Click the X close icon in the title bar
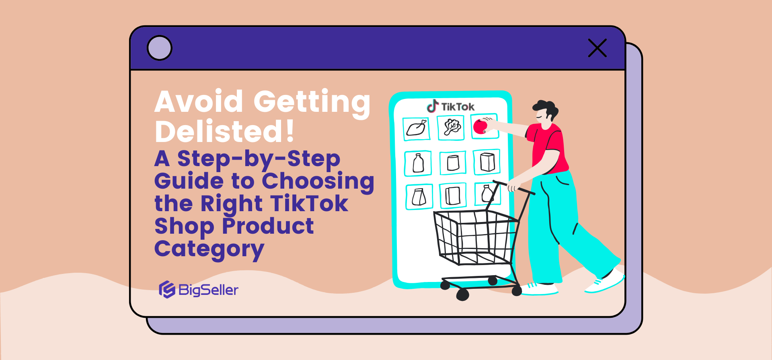click(597, 48)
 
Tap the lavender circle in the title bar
click(160, 48)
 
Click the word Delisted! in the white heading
click(225, 132)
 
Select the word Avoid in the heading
click(199, 101)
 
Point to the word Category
click(209, 249)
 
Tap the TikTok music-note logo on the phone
click(433, 106)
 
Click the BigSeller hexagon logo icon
click(167, 290)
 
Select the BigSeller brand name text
click(208, 290)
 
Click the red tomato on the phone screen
click(480, 127)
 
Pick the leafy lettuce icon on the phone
click(452, 128)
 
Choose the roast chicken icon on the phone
click(417, 129)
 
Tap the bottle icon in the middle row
click(418, 163)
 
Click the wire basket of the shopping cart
click(474, 237)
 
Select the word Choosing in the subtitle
click(318, 181)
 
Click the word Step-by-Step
click(259, 159)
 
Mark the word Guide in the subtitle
click(189, 181)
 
